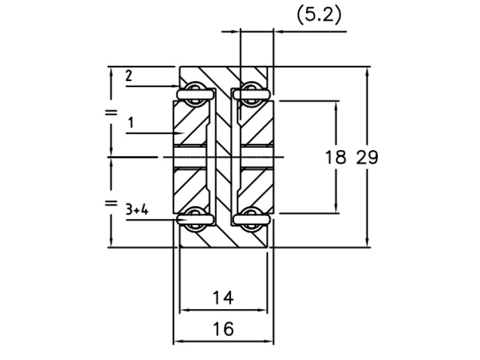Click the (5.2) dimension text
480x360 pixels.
[x=319, y=15]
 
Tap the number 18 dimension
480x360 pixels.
[x=335, y=157]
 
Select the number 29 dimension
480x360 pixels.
[x=367, y=157]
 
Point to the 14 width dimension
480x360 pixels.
[x=223, y=298]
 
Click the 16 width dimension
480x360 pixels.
[x=223, y=328]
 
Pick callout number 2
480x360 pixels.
[x=129, y=76]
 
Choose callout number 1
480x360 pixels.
[x=131, y=123]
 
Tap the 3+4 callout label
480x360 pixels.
[x=136, y=210]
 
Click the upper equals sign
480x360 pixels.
[x=111, y=112]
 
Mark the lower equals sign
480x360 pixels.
[x=111, y=202]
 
